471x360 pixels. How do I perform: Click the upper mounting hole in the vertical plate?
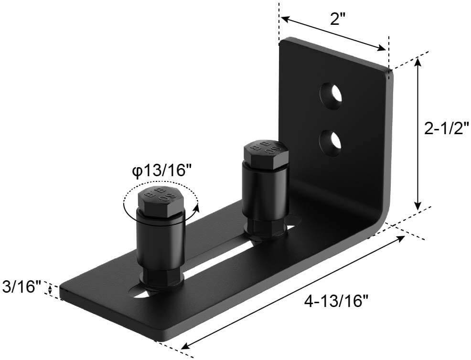pos(331,94)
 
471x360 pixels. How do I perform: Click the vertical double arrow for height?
pos(417,134)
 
